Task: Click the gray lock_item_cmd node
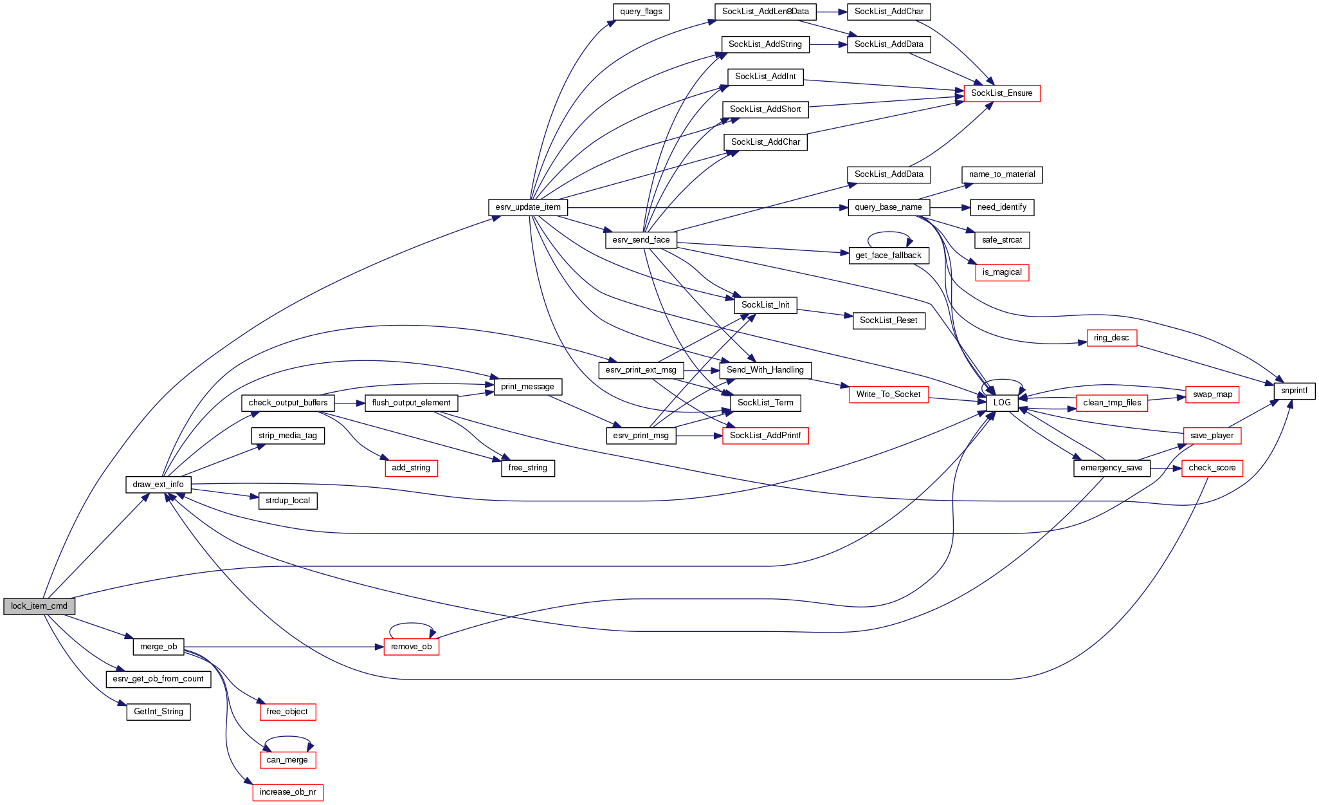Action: click(39, 606)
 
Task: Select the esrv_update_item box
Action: click(528, 207)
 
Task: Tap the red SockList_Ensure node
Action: click(1001, 93)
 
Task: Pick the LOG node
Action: click(1002, 403)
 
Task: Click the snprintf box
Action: click(1294, 391)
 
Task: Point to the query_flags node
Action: click(641, 12)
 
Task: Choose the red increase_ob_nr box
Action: click(287, 792)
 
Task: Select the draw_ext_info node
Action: click(158, 485)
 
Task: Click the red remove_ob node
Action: click(412, 647)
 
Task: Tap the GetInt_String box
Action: click(158, 712)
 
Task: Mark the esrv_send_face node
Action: click(641, 240)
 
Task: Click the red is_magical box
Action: click(1002, 272)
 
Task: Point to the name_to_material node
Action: click(1002, 174)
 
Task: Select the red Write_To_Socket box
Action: click(888, 394)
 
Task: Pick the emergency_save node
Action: click(1111, 468)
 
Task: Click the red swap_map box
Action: click(1212, 394)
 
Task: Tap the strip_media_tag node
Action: click(287, 436)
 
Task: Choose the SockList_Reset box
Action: click(888, 320)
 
